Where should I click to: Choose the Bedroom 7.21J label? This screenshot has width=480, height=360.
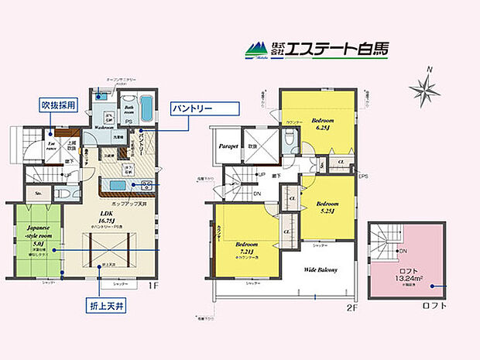tap(249, 249)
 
